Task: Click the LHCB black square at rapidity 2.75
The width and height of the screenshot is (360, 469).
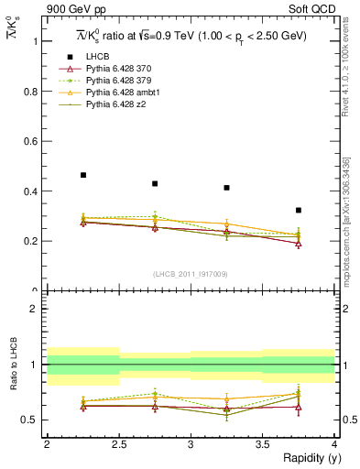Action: [155, 183]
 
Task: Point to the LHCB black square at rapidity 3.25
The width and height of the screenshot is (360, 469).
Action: [226, 188]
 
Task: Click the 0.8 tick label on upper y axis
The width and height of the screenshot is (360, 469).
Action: [30, 92]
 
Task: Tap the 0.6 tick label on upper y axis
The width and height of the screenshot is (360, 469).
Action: [30, 142]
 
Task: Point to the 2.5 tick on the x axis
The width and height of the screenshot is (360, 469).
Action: [118, 444]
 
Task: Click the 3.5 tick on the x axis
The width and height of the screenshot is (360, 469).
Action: [262, 444]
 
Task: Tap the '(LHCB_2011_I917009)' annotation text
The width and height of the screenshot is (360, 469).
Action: [191, 274]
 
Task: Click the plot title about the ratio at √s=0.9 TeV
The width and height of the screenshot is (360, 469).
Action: [190, 36]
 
